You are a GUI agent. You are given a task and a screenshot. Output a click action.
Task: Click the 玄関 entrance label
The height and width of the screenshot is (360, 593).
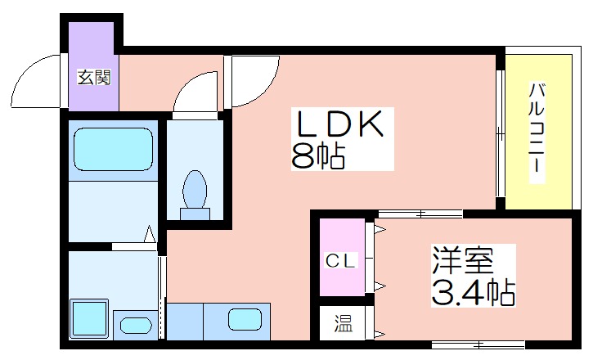pos(94,77)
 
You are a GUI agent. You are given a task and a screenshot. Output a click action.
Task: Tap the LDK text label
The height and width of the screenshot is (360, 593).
pos(340,124)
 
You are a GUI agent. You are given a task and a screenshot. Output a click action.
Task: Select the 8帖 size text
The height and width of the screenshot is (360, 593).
pos(318,155)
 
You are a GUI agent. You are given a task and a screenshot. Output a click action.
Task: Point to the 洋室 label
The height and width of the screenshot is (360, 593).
pos(463,260)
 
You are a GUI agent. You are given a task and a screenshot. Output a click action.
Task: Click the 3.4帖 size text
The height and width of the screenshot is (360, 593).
pos(473,293)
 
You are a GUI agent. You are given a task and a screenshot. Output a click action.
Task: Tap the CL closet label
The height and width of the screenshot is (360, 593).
pos(341,261)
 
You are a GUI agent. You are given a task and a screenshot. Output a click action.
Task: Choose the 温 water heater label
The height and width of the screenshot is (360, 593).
pos(343,324)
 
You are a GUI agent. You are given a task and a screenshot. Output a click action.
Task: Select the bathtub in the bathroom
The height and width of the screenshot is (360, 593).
pos(113,150)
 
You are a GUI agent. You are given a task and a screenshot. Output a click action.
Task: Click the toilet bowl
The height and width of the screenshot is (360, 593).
pos(195,189)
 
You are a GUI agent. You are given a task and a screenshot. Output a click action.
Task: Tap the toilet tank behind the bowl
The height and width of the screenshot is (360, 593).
pos(195,214)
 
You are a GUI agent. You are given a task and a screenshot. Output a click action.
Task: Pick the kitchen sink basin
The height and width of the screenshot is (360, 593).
pos(245,320)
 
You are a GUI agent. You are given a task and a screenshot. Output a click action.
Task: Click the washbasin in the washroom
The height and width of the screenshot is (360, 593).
pos(136,326)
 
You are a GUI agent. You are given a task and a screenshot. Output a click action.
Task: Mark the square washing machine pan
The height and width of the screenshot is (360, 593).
pos(89,317)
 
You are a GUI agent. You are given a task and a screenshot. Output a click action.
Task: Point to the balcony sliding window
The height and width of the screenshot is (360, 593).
pos(501,133)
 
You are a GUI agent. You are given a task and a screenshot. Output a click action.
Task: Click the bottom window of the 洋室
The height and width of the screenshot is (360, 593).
pos(478,345)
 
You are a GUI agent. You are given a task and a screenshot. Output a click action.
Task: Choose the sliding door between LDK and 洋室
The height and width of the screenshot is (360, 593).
pos(420,214)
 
